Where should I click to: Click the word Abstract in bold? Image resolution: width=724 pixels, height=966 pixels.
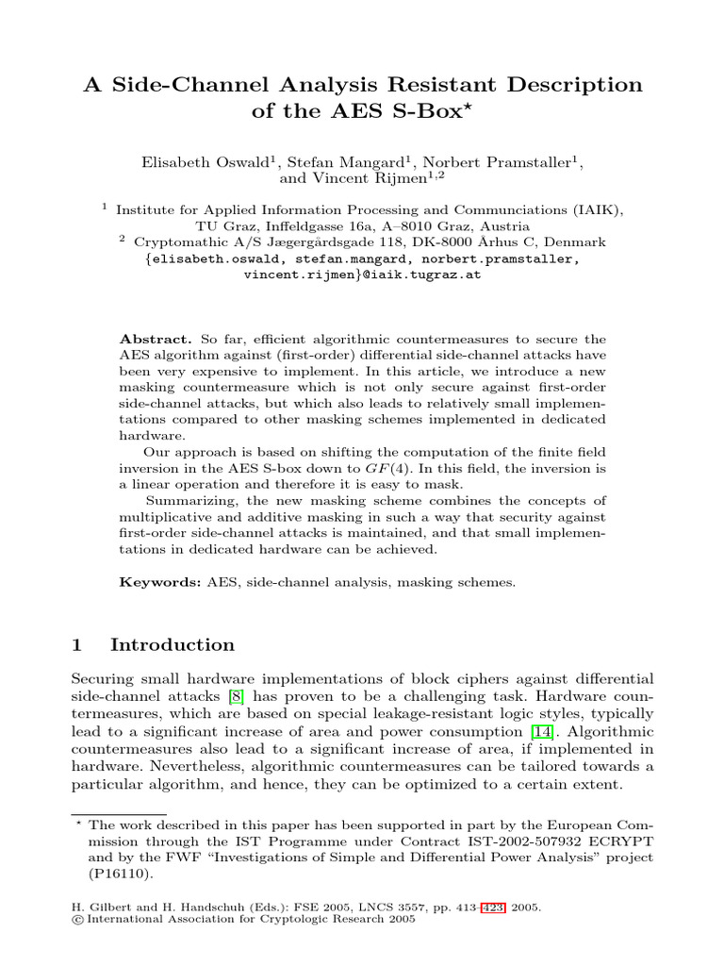(x=156, y=339)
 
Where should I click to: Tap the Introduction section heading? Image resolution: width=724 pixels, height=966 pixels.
(x=173, y=645)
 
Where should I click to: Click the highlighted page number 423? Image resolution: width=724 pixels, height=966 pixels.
(x=492, y=908)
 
